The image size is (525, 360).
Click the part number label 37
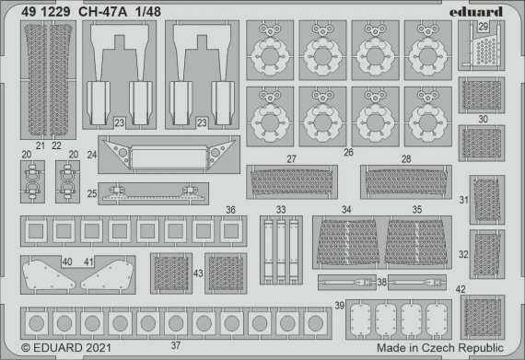tap(175, 343)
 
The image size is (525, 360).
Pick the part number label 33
tap(280, 210)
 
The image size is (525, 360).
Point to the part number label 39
tap(340, 305)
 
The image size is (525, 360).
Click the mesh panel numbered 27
tap(289, 182)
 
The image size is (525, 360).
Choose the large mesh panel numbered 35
tap(419, 244)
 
